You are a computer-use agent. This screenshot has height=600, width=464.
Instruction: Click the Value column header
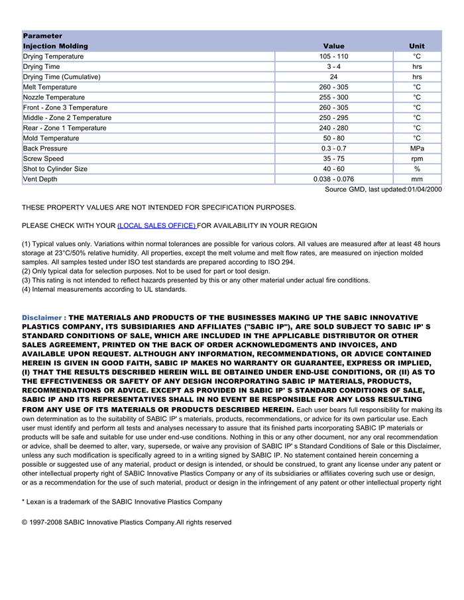click(x=333, y=46)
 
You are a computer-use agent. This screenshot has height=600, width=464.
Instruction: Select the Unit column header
click(x=417, y=46)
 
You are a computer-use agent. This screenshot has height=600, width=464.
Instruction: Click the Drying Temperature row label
click(x=53, y=56)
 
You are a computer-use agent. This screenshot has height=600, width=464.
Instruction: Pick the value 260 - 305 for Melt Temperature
click(x=333, y=87)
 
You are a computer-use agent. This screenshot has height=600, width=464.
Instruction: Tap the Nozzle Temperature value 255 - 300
click(x=333, y=97)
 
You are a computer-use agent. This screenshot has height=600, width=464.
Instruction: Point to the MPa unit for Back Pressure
click(x=417, y=149)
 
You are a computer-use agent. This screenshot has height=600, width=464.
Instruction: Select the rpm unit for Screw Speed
click(x=417, y=158)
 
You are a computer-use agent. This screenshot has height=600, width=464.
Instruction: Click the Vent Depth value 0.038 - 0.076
click(x=333, y=179)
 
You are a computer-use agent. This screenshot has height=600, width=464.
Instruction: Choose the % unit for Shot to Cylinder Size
click(x=417, y=169)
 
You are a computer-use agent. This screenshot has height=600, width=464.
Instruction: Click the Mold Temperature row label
click(x=51, y=138)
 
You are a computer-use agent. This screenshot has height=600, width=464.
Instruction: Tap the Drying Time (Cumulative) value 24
click(x=333, y=77)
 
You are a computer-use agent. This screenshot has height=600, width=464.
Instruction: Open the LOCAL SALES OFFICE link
click(x=156, y=225)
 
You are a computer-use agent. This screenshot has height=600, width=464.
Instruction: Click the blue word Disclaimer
click(x=42, y=318)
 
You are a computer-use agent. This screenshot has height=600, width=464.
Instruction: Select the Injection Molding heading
click(x=56, y=46)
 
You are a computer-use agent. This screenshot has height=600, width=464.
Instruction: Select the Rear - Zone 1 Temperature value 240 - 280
click(x=333, y=128)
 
